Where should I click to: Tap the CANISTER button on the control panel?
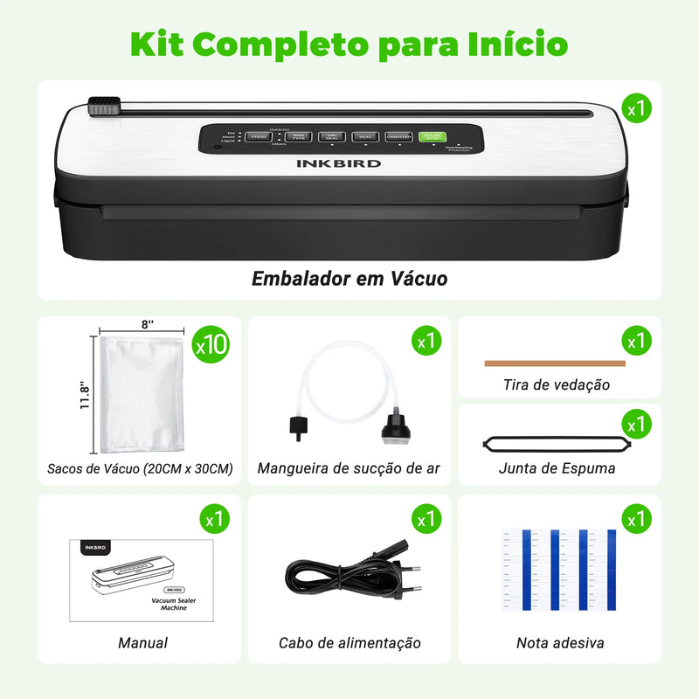coord(398,136)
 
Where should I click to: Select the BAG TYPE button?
coord(299,136)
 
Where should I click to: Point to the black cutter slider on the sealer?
coord(103,108)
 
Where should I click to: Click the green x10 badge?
coord(211,345)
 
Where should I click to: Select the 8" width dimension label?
coord(145,325)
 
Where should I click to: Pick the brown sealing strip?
coord(555,363)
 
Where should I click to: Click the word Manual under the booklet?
coord(143,643)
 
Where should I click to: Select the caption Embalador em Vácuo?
coord(349,279)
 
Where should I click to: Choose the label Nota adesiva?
coord(560,643)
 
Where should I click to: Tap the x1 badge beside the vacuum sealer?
coord(637,109)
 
